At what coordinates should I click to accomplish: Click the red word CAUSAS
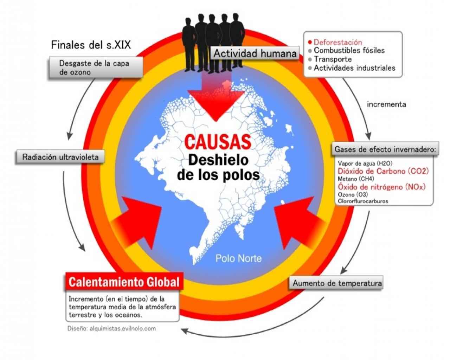point(218,142)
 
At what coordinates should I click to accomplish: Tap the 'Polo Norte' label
point(238,258)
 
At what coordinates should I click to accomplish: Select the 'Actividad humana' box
point(255,53)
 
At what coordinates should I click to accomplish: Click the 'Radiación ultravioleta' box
point(60,157)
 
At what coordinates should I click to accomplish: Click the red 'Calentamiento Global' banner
point(124,282)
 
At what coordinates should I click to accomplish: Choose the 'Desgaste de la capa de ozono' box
point(96,67)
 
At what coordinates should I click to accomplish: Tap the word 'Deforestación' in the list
point(338,42)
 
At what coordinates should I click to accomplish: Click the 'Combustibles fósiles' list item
point(349,50)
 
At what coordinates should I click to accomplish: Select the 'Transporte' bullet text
point(333,59)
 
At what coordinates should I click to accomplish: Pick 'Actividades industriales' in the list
point(355,68)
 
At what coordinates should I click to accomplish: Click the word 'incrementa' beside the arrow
point(386,104)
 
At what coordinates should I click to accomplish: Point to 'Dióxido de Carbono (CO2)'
point(383,171)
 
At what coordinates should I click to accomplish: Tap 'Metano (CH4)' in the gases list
point(356,179)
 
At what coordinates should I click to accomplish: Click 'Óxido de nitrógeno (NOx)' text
point(382,187)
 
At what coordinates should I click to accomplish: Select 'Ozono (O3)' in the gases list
point(353,194)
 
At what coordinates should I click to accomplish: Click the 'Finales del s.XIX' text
point(91,45)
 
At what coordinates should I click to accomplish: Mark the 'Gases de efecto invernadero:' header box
point(385,149)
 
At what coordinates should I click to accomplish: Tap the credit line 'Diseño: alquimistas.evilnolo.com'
point(111,328)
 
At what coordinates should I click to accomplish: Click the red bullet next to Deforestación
point(310,43)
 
